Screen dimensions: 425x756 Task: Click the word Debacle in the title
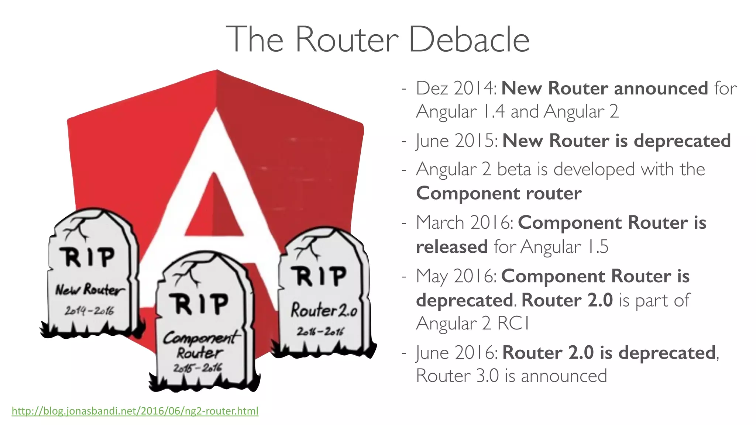469,39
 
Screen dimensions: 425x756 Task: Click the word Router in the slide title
347,39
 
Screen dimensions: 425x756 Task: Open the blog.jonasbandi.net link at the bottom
135,411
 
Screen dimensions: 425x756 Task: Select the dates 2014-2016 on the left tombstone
89,311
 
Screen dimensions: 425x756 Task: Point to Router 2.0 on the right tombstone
324,310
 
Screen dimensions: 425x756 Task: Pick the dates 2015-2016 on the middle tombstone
198,368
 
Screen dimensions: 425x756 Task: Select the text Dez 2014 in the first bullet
456,89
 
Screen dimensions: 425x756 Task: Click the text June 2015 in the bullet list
457,141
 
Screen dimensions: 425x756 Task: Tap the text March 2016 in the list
464,223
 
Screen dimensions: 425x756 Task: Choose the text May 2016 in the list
456,276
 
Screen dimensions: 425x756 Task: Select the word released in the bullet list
451,247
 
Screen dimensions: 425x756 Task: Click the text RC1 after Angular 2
513,324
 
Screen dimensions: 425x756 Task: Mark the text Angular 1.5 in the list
564,247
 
